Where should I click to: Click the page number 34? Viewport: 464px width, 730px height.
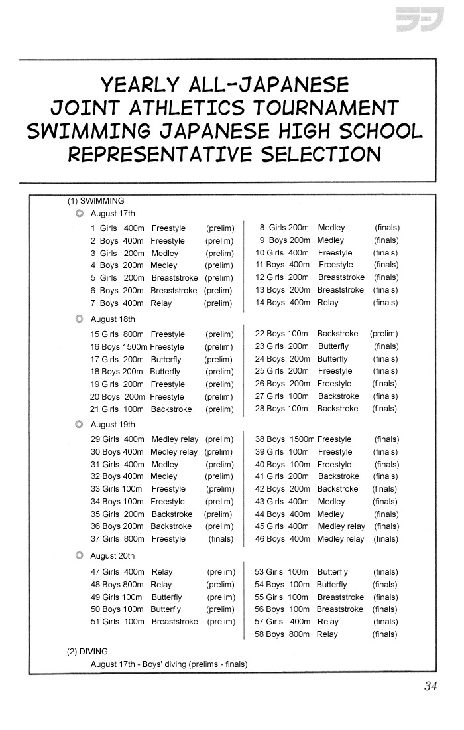(x=431, y=686)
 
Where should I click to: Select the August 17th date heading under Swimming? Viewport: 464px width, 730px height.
(x=113, y=214)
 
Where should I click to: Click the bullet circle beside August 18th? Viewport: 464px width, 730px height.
(x=80, y=319)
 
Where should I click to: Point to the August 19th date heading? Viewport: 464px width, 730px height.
(x=113, y=425)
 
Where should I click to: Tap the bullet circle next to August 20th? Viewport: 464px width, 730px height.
(x=80, y=556)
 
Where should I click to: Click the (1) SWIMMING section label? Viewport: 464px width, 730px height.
(x=95, y=201)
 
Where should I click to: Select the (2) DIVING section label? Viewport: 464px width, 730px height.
(x=87, y=652)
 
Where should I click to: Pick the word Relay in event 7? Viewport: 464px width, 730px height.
(x=161, y=303)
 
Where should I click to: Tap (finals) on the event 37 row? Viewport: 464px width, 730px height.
(x=221, y=539)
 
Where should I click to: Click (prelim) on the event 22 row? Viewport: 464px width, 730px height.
(x=384, y=334)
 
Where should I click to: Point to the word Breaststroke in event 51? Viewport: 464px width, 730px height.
(x=174, y=622)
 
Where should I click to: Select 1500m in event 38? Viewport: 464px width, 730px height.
(x=302, y=439)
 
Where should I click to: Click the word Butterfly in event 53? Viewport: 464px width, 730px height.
(x=332, y=572)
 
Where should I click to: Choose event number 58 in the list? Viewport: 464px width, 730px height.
(x=260, y=634)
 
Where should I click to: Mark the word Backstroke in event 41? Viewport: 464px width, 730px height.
(x=338, y=476)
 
